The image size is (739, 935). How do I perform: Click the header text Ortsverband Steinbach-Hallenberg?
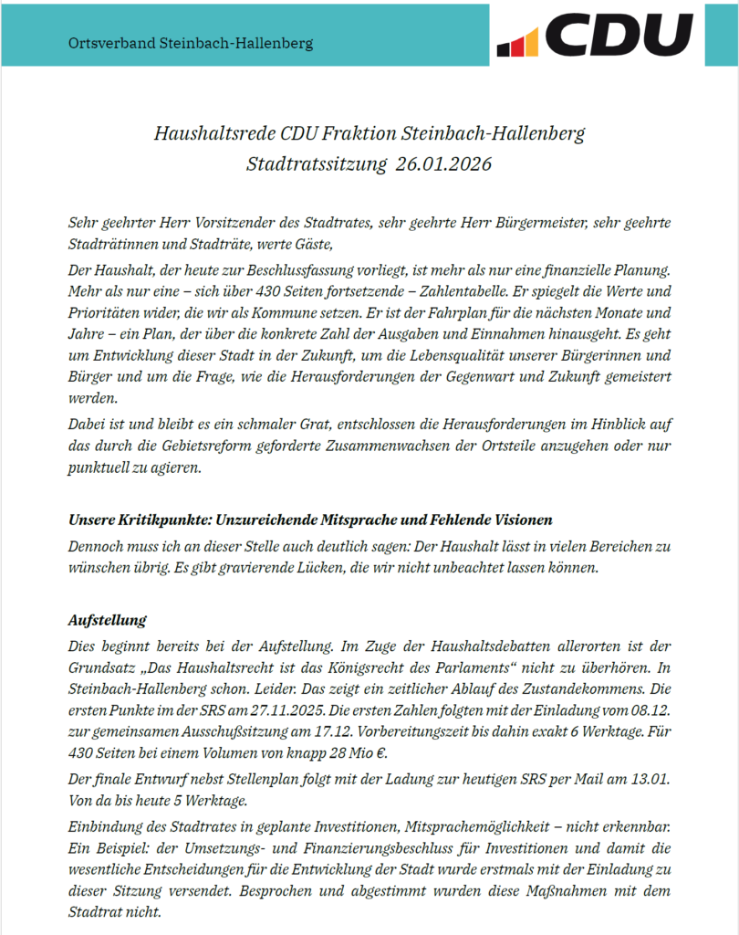point(191,43)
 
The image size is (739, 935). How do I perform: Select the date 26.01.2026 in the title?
point(444,164)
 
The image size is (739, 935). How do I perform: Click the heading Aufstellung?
point(108,621)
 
